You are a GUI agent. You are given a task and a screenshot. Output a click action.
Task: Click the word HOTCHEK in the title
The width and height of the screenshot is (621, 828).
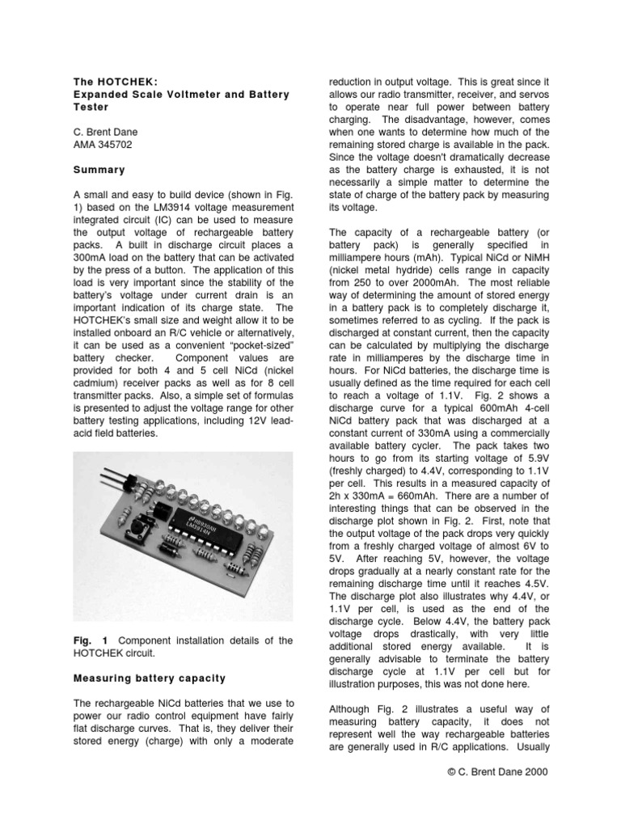click(122, 82)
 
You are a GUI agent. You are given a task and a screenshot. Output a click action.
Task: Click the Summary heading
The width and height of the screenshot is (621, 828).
click(99, 170)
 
